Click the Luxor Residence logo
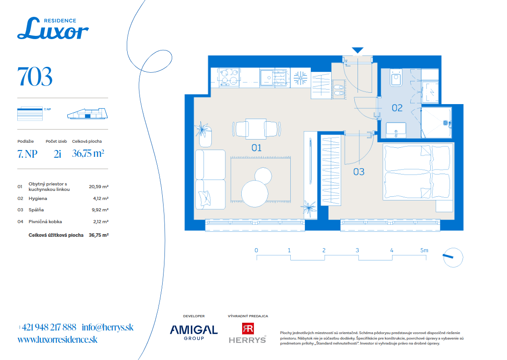(x=53, y=29)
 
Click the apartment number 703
(x=35, y=77)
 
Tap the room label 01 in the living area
(x=256, y=148)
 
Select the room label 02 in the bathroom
(x=397, y=108)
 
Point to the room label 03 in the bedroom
(x=358, y=172)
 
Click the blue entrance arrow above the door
(x=358, y=50)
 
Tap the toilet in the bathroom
(x=396, y=78)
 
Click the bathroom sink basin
(x=396, y=130)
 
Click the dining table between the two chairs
(x=256, y=129)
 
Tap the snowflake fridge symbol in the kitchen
(x=300, y=78)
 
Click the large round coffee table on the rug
(x=255, y=194)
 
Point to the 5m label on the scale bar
(x=424, y=250)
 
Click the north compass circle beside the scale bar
(x=453, y=257)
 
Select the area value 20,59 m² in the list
(x=99, y=187)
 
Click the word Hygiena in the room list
(x=38, y=198)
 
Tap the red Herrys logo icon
(x=248, y=329)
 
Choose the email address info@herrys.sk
(x=107, y=327)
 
